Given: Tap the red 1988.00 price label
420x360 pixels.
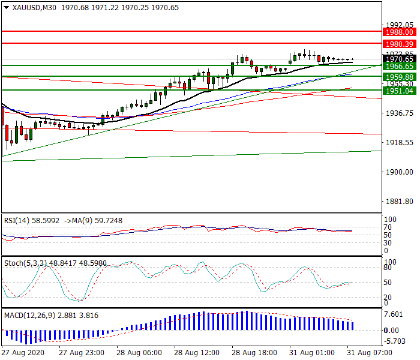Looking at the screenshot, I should click(399, 32).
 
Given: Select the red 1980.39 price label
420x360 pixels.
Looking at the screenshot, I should click(399, 44).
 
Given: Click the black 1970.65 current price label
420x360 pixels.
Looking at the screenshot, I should click(399, 59).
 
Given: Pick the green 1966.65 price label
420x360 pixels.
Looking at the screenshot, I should click(399, 66).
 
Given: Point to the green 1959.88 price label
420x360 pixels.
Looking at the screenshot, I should click(399, 77).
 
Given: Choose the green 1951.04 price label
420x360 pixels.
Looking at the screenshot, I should click(399, 91).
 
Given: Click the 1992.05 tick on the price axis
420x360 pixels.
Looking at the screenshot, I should click(398, 25).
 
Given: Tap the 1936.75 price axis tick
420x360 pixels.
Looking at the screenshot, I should click(398, 113).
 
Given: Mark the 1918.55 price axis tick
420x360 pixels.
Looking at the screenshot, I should click(398, 143).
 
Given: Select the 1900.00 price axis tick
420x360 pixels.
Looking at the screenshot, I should click(398, 172).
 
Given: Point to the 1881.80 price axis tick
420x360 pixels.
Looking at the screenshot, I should click(398, 202).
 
